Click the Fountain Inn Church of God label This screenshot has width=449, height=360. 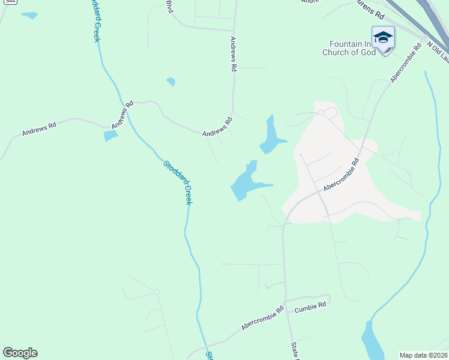click(353, 48)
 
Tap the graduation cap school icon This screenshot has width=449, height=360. click(382, 38)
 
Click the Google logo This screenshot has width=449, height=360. click(20, 353)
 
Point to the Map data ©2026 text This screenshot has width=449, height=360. click(423, 355)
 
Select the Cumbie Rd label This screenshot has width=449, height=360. click(310, 306)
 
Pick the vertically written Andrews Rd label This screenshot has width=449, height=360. click(233, 55)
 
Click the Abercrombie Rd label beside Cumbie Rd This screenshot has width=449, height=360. click(262, 319)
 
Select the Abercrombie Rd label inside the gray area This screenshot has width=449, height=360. click(340, 175)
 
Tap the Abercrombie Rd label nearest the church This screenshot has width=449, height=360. click(403, 62)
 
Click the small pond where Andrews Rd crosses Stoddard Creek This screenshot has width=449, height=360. click(110, 136)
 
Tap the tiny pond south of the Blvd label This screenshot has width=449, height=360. click(171, 82)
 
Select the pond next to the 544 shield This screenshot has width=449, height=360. click(29, 15)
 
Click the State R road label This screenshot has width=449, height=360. click(294, 352)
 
